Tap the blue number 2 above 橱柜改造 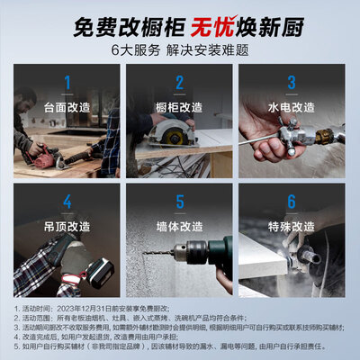coord(179,85)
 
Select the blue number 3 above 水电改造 coord(292,85)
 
